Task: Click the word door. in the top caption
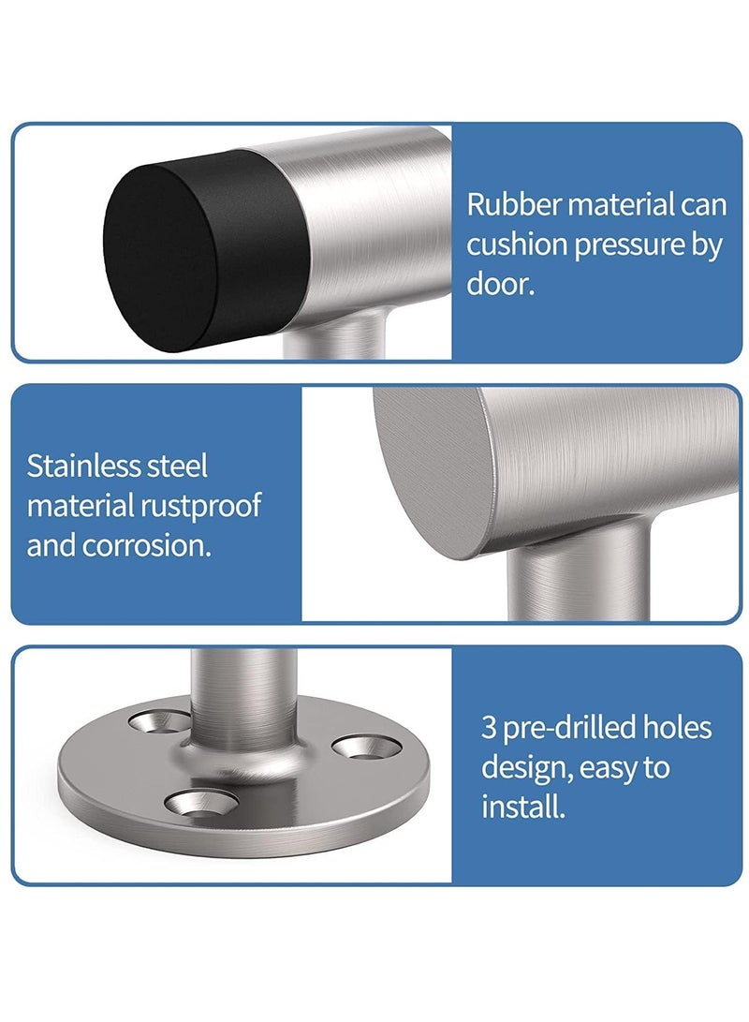point(501,285)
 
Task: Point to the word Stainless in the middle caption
point(82,466)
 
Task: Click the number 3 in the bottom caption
point(489,728)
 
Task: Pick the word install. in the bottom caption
point(523,807)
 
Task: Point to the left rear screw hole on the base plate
point(159,720)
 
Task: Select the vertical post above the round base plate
point(243,698)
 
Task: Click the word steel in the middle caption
point(179,466)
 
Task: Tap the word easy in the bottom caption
point(609,768)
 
